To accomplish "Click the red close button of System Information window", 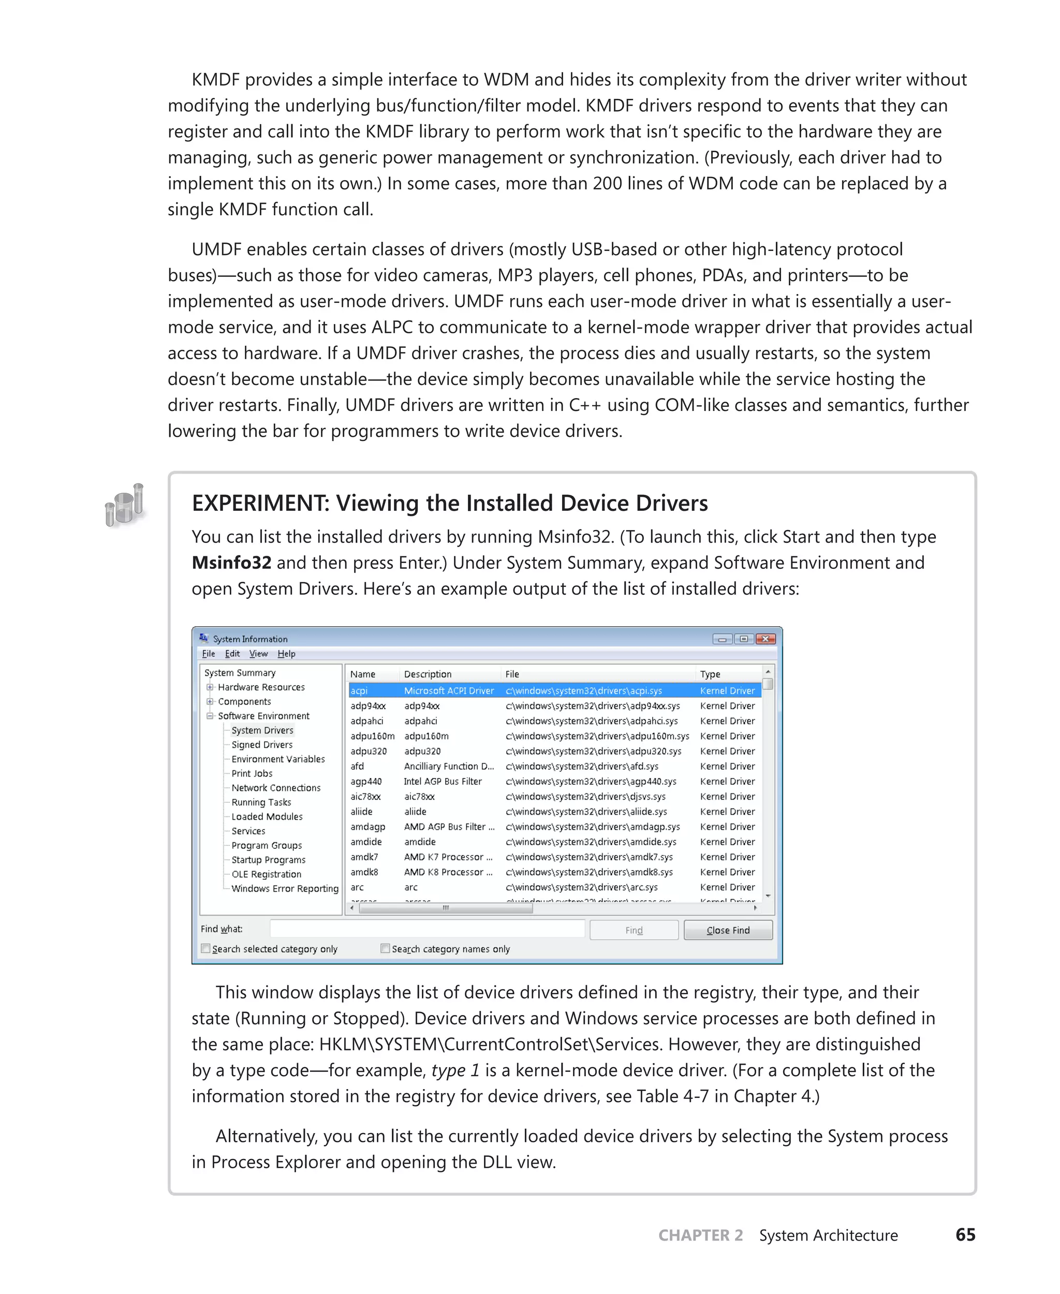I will tap(765, 639).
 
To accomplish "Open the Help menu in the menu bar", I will tap(286, 653).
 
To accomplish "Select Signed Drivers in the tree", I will tap(262, 744).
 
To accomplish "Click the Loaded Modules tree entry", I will tap(267, 816).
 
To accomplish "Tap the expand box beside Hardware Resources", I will tap(210, 687).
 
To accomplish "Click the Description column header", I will tap(428, 674).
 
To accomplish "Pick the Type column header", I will tap(710, 674).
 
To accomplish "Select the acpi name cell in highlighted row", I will tap(359, 690).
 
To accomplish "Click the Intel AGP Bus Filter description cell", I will tap(443, 781).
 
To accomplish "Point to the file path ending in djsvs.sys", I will tap(585, 796).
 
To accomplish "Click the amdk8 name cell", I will tap(364, 872).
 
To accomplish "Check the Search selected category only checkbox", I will tap(206, 948).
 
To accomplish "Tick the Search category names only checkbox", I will tap(385, 948).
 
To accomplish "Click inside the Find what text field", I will tap(428, 929).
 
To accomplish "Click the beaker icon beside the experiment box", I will tap(125, 505).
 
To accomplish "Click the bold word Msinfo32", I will tap(231, 563).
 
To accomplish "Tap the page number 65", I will tap(965, 1235).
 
